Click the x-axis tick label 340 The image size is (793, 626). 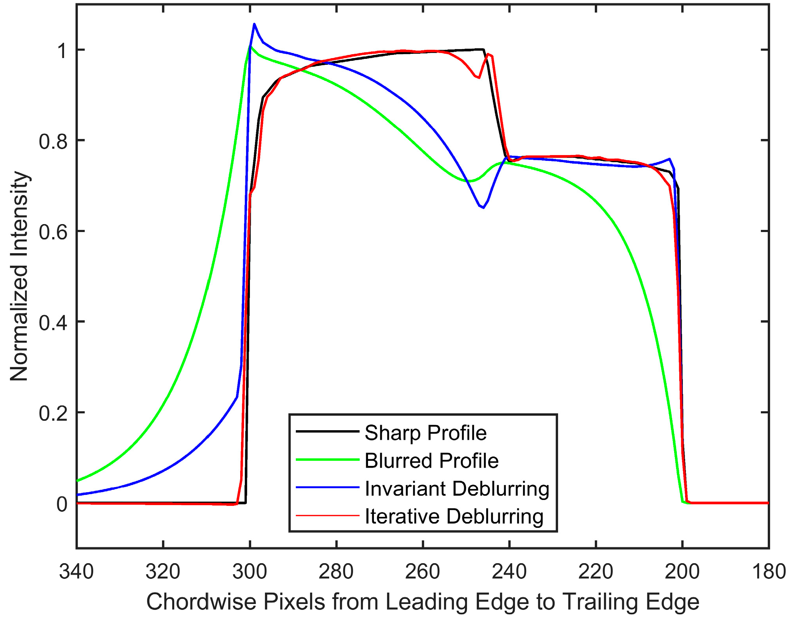76,571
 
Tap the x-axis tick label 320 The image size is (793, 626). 163,571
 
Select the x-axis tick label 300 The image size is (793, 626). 250,571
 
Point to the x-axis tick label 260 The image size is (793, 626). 423,571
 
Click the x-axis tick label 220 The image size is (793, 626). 596,571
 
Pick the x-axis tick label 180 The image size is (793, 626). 768,571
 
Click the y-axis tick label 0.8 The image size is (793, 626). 53,141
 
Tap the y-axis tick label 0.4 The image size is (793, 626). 53,322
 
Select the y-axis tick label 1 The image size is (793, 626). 62,51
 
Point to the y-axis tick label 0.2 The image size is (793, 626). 53,413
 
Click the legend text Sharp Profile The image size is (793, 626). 425,433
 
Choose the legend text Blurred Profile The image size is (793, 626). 431,460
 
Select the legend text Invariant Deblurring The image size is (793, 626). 457,489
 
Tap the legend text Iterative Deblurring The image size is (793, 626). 454,516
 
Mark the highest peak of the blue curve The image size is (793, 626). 254,24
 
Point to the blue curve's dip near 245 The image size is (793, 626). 483,208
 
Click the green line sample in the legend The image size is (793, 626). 327,460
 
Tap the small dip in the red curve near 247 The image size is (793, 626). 479,77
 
